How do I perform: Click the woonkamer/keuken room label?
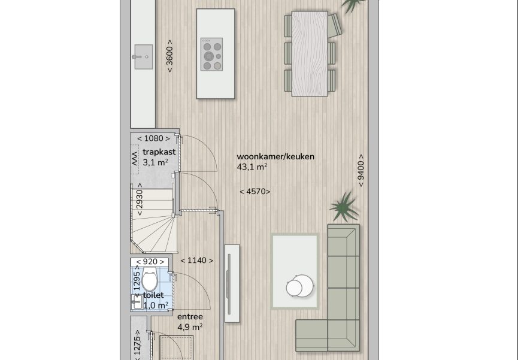(x=275, y=157)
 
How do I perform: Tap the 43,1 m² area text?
(x=252, y=167)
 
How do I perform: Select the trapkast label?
(x=159, y=152)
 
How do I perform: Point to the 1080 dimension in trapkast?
(x=154, y=138)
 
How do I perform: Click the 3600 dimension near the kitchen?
(x=169, y=56)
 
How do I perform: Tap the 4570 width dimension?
(x=255, y=192)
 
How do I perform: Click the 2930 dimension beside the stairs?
(x=140, y=199)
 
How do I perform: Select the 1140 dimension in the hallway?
(x=197, y=261)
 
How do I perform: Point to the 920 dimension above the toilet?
(x=150, y=262)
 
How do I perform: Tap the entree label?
(x=190, y=317)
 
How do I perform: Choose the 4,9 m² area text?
(x=190, y=327)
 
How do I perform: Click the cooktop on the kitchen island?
(x=212, y=55)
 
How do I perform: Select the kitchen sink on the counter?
(x=144, y=57)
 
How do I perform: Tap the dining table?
(x=310, y=53)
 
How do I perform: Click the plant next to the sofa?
(x=344, y=207)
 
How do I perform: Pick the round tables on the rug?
(x=300, y=286)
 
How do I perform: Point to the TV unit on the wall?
(x=232, y=283)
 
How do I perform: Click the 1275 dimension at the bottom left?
(x=138, y=345)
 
